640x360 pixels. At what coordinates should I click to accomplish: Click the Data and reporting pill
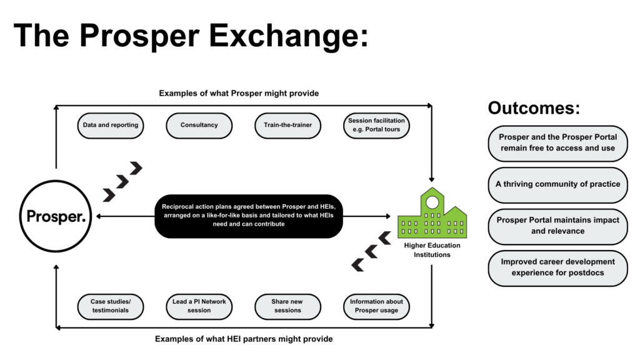[x=111, y=125]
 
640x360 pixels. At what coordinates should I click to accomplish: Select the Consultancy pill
[x=199, y=125]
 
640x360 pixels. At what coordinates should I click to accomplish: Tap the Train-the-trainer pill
[x=287, y=125]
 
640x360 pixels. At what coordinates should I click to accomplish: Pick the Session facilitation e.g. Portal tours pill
[x=376, y=125]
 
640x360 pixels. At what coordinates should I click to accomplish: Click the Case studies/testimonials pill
[x=111, y=306]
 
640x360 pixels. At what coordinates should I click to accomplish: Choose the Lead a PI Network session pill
[x=199, y=306]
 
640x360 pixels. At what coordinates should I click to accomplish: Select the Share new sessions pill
[x=287, y=306]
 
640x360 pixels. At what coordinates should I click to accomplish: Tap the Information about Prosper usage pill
[x=376, y=306]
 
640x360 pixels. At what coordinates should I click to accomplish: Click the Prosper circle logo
[x=56, y=216]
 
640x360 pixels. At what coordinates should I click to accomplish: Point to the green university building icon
[x=432, y=213]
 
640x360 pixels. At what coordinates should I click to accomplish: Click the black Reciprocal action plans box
[x=249, y=216]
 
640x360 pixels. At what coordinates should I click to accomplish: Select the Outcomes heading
[x=534, y=108]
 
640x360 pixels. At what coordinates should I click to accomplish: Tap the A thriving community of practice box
[x=558, y=184]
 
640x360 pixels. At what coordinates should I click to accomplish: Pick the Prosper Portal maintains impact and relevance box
[x=558, y=226]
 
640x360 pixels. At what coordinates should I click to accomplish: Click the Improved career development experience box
[x=558, y=267]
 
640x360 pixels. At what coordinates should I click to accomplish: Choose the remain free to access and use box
[x=558, y=143]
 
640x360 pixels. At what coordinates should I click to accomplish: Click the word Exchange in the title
[x=289, y=36]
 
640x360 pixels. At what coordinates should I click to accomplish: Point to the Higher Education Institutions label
[x=432, y=250]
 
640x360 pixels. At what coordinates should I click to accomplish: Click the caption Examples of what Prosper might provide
[x=239, y=94]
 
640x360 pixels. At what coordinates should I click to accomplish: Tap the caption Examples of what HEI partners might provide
[x=244, y=339]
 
